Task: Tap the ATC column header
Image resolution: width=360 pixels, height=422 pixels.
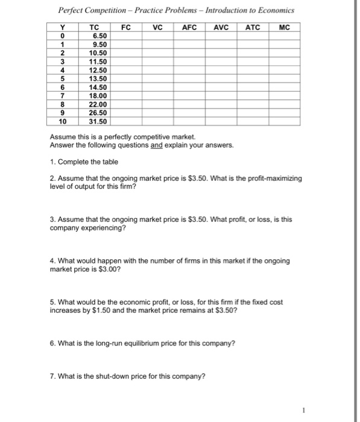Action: pyautogui.click(x=252, y=27)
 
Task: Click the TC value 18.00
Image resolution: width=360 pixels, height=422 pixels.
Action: pyautogui.click(x=96, y=95)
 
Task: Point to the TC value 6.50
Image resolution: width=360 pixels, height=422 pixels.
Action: pyautogui.click(x=96, y=36)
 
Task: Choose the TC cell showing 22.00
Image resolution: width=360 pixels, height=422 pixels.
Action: pyautogui.click(x=96, y=104)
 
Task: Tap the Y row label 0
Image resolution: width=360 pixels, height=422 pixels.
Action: pyautogui.click(x=62, y=36)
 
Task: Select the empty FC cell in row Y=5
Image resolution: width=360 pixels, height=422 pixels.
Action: pyautogui.click(x=127, y=78)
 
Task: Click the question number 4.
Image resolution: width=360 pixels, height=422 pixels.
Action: pyautogui.click(x=52, y=261)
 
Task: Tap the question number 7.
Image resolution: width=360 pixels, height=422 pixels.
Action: pyautogui.click(x=52, y=377)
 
